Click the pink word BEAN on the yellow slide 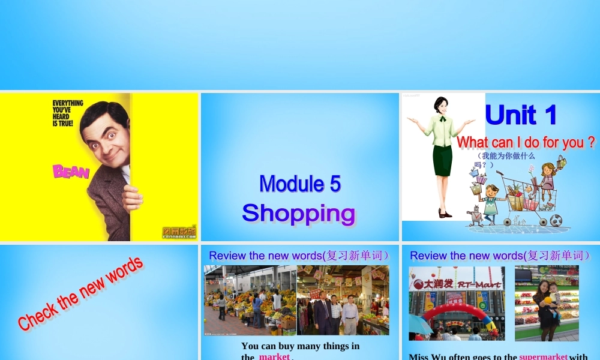point(71,172)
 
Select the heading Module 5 point(300,184)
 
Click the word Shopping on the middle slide point(299,213)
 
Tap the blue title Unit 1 point(521,115)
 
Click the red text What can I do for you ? point(526,143)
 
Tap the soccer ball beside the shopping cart point(556,221)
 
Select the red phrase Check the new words point(80,293)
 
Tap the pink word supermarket point(543,356)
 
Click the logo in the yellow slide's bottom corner point(179,232)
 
